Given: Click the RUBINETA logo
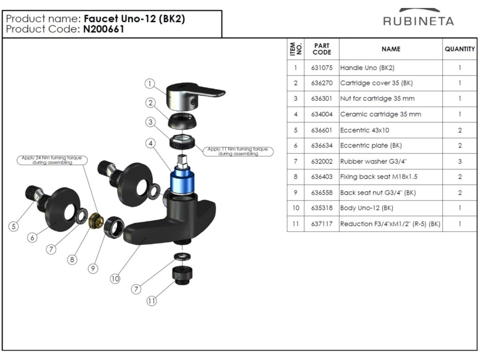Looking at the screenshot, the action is [419, 18].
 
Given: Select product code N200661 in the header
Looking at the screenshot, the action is [104, 29].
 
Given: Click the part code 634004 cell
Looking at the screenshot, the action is [322, 114].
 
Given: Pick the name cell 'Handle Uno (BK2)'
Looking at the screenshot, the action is [391, 67].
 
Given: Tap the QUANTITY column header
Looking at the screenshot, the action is [460, 49].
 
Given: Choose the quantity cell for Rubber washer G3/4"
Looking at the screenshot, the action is [460, 161].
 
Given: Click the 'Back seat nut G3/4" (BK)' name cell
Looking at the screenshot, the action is [391, 193].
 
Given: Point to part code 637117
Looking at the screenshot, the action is [322, 224].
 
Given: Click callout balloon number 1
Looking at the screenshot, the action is [150, 83].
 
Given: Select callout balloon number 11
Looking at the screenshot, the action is [151, 301].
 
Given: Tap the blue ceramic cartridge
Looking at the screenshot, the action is [182, 180].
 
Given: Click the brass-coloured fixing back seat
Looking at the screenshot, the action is [96, 220].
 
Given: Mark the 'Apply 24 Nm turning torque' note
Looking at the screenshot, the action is [52, 160].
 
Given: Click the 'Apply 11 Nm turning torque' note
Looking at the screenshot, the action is [238, 151].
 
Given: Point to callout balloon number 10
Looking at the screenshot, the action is [115, 278].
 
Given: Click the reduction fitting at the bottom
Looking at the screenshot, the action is [182, 275].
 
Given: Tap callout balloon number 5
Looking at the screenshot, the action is [14, 226].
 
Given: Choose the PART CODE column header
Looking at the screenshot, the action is [322, 49].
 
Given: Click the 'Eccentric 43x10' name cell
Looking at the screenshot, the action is [391, 130].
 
